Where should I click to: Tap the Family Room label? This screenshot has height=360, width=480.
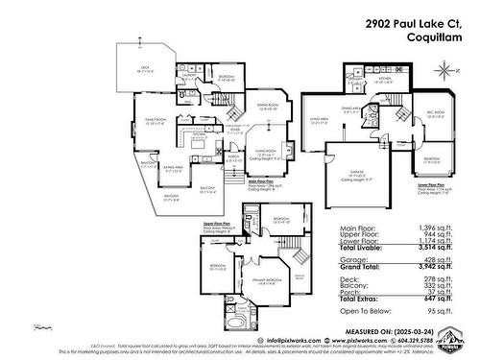pyautogui.click(x=155, y=119)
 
